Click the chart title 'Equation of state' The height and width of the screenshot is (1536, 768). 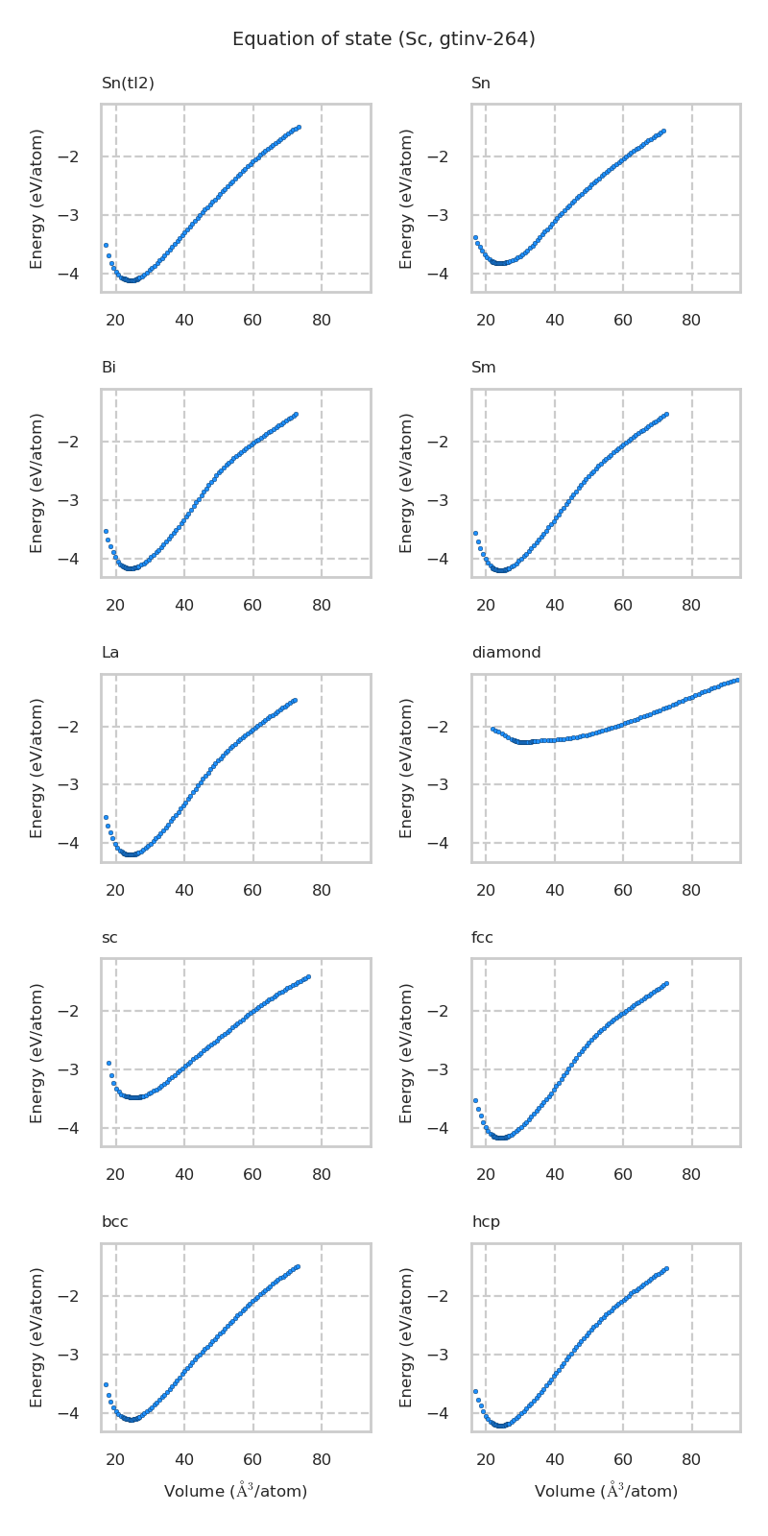tap(383, 39)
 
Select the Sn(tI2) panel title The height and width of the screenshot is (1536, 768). tap(128, 84)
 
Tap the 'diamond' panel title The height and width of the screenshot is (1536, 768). tap(506, 653)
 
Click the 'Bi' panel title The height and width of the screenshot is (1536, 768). tap(108, 368)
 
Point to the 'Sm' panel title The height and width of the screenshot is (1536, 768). tap(483, 368)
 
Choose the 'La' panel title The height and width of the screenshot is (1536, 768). tap(110, 653)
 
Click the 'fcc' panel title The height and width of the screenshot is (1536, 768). tap(482, 938)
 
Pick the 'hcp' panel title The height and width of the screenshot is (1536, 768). tap(486, 1222)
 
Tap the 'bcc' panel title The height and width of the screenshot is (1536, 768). tap(114, 1222)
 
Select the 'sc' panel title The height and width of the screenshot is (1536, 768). tap(109, 938)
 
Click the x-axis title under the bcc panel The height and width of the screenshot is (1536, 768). tap(235, 1491)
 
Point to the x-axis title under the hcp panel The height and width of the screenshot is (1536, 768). tap(606, 1491)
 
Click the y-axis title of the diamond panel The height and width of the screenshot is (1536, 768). tap(406, 768)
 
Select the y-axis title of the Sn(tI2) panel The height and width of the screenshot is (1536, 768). tap(36, 199)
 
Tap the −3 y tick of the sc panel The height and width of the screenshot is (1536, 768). tap(79, 1069)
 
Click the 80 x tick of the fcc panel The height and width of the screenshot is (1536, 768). tap(691, 1174)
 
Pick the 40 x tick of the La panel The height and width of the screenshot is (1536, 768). tap(184, 890)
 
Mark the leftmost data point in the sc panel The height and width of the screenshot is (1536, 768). tap(108, 1063)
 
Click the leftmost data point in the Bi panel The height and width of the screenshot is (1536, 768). tap(106, 531)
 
